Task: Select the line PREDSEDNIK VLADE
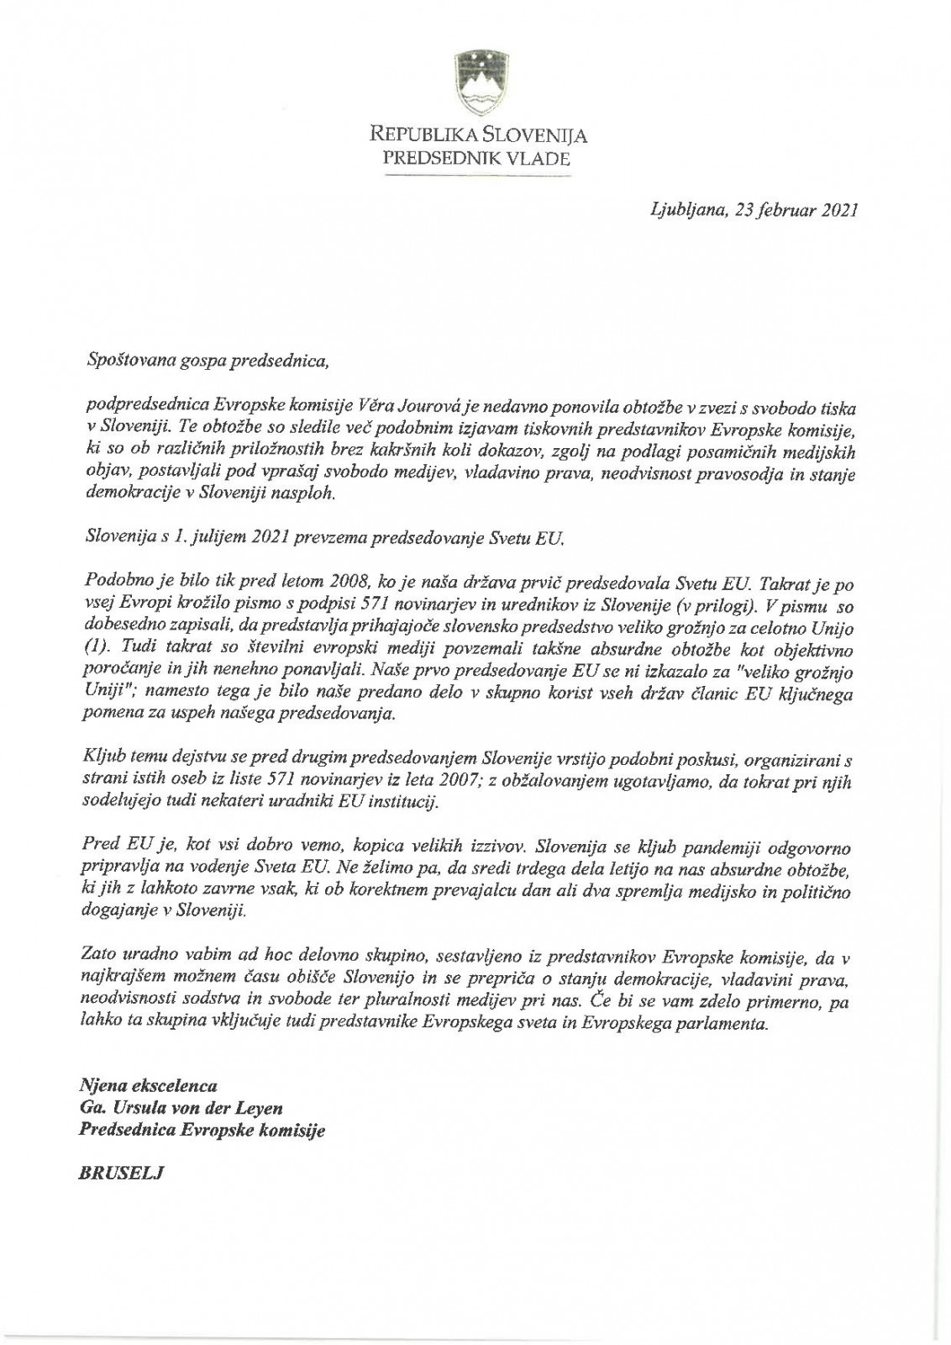pyautogui.click(x=475, y=157)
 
